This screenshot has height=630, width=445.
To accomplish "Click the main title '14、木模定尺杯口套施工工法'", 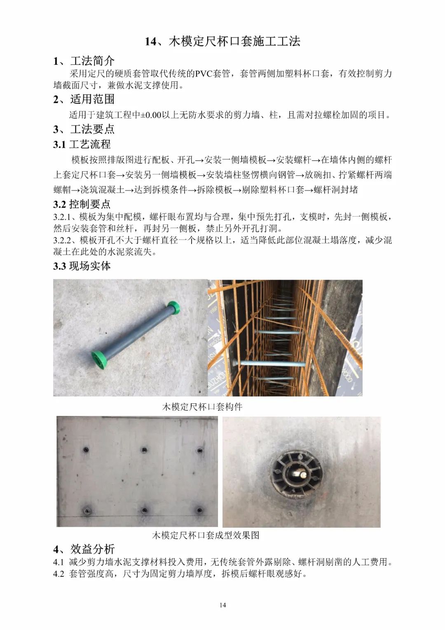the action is (x=222, y=41).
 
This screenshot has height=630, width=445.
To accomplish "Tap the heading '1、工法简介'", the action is (x=84, y=61).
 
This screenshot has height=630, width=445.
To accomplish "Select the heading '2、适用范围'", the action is (x=84, y=99).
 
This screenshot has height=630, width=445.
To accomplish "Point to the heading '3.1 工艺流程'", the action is (x=82, y=144).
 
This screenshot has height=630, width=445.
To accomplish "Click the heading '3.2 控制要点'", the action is (x=82, y=204).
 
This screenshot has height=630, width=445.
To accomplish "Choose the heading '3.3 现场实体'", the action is (x=82, y=266).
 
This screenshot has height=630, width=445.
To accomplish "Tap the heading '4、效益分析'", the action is (x=84, y=549).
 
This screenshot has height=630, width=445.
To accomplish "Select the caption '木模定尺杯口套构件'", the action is (x=202, y=407).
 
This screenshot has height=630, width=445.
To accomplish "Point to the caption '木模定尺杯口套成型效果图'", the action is (x=205, y=535).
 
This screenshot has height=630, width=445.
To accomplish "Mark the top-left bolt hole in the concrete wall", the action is (x=86, y=450).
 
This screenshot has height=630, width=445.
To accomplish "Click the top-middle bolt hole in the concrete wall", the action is (x=144, y=450).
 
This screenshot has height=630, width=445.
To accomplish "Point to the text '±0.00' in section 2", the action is (x=151, y=115).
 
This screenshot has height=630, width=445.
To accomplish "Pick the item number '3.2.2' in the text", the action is (x=63, y=240).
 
